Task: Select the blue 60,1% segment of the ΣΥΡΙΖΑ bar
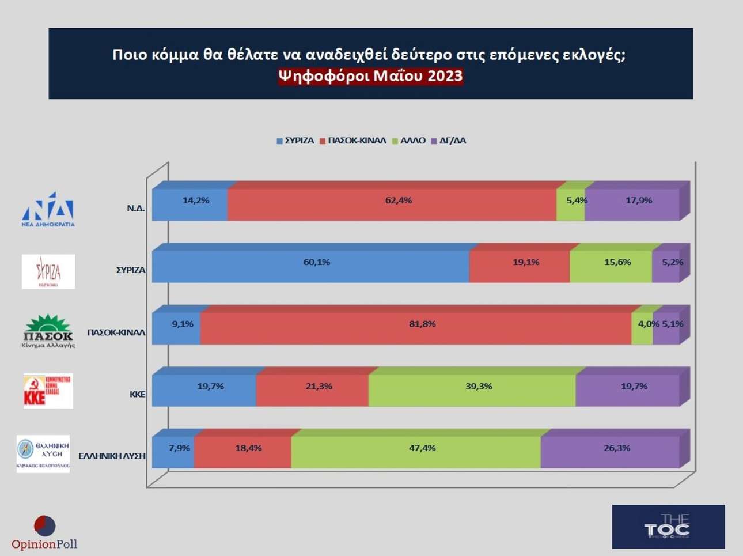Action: (310, 267)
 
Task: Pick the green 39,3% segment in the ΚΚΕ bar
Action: (472, 391)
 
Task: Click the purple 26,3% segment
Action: (610, 452)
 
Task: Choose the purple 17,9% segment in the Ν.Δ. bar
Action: (632, 205)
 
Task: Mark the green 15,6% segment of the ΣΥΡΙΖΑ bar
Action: (611, 267)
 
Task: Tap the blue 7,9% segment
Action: (173, 452)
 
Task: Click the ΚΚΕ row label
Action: (137, 395)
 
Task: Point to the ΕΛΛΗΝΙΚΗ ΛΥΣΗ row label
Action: (112, 456)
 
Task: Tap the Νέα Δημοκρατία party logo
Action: (48, 210)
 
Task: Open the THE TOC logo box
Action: (668, 527)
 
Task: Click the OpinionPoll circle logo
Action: (45, 526)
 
